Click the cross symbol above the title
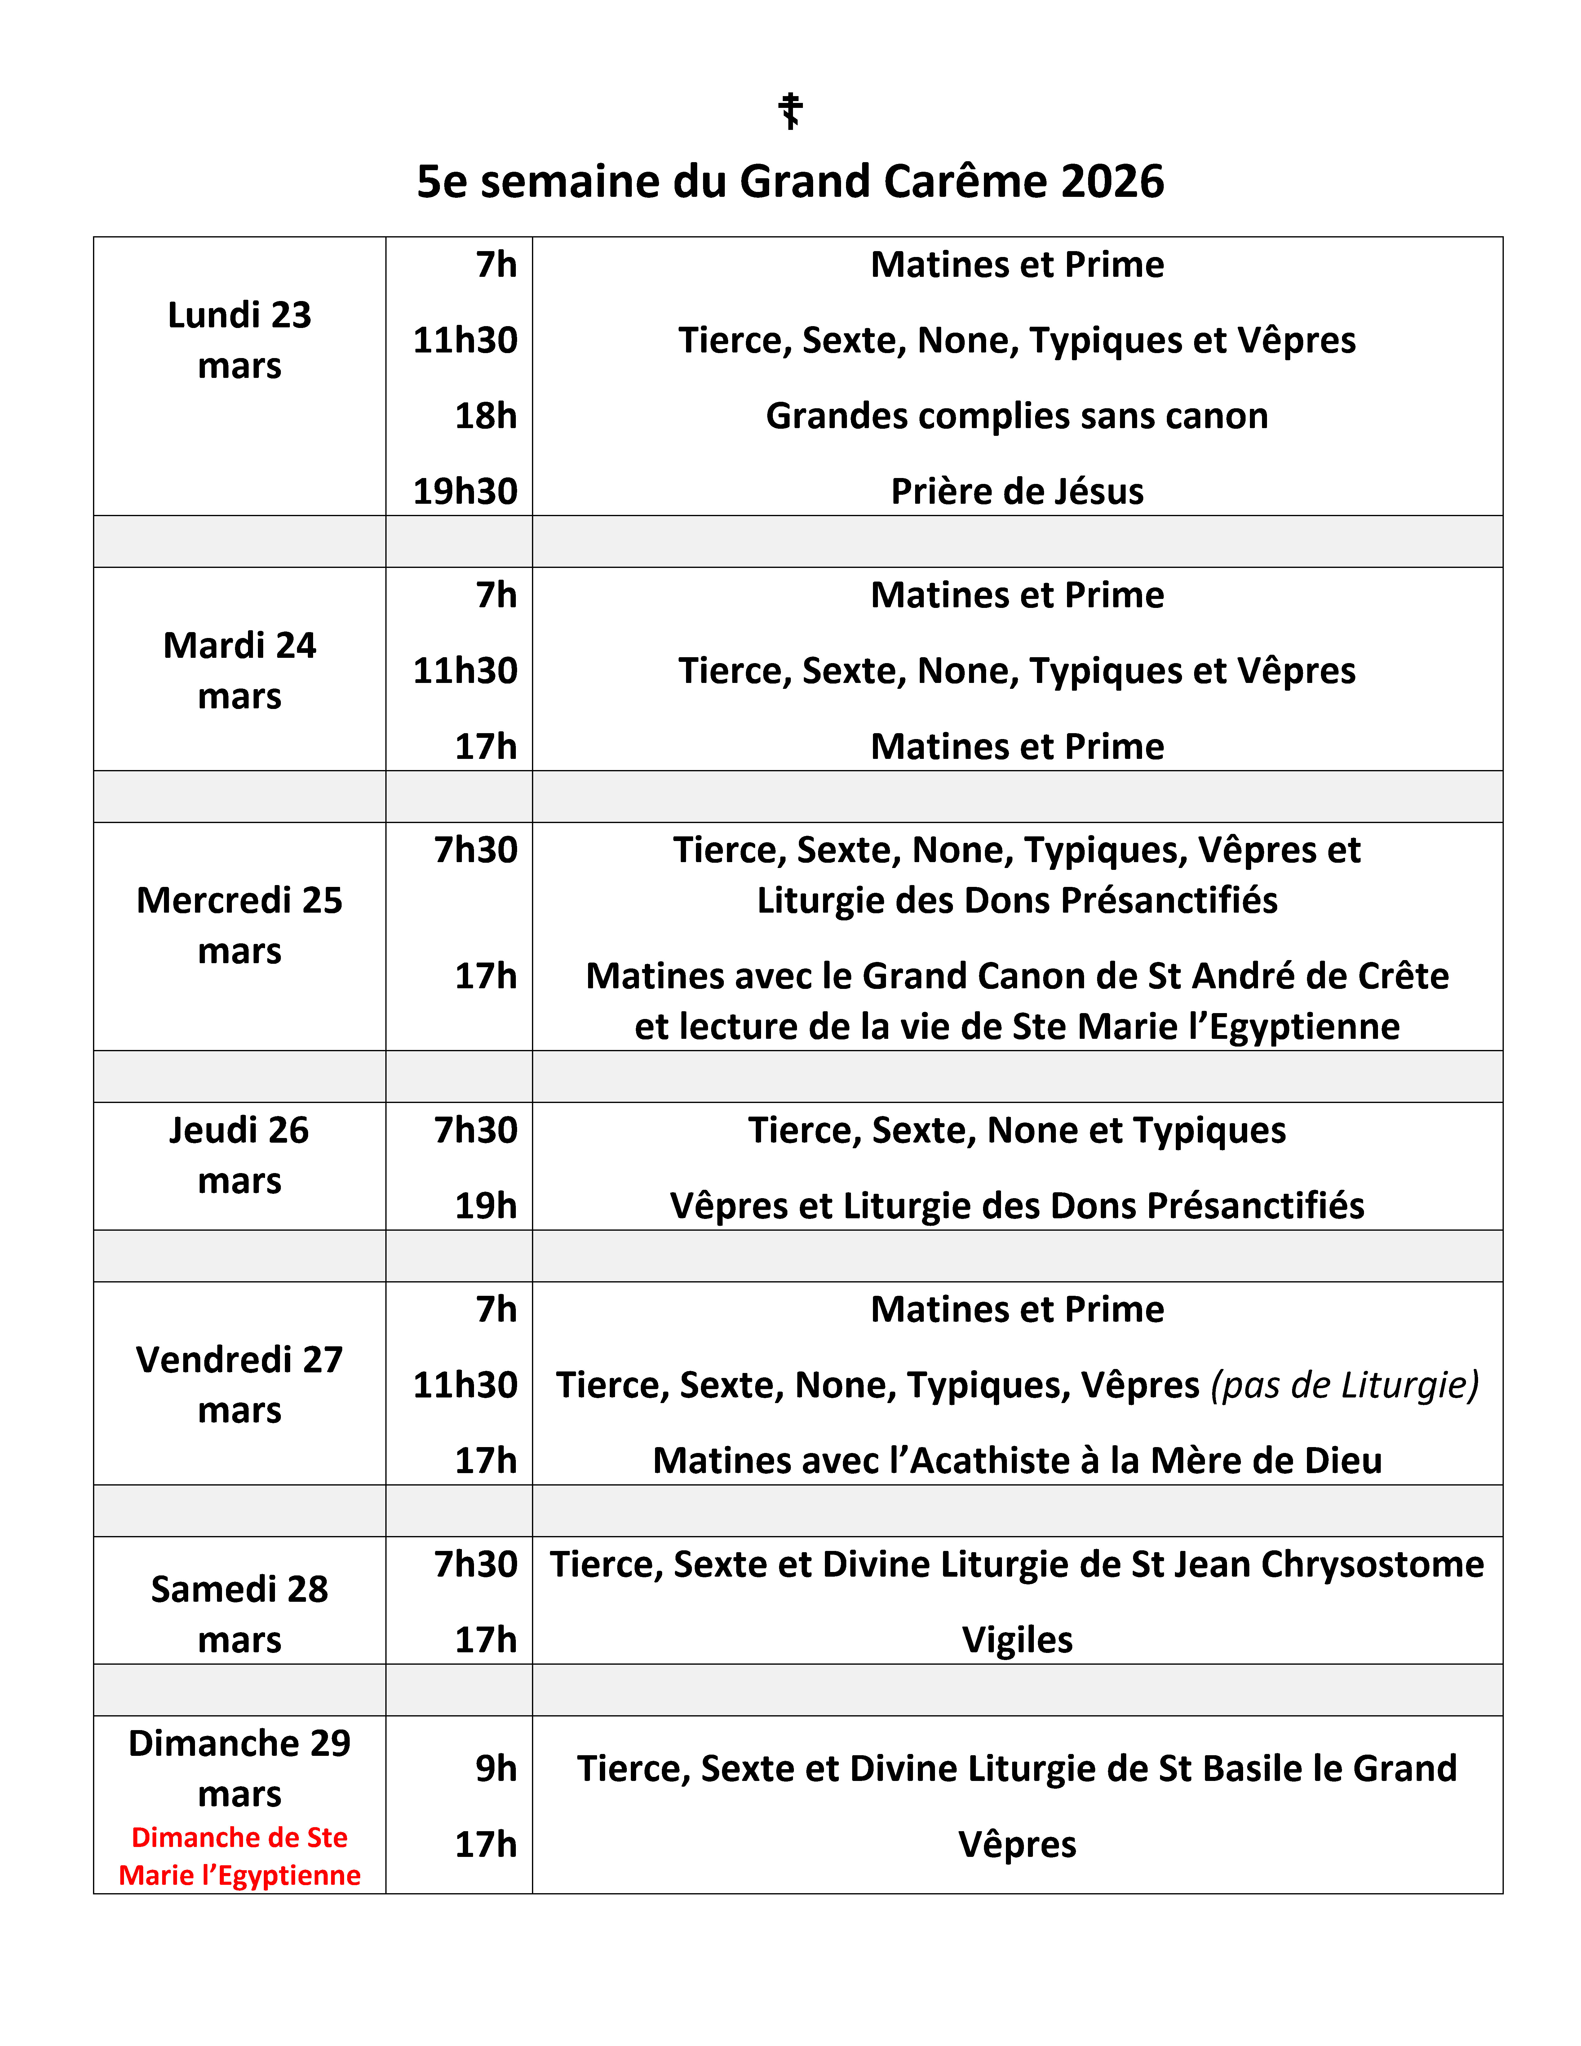point(790,111)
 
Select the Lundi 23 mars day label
point(240,340)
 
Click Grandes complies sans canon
point(1017,416)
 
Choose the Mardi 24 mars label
point(240,671)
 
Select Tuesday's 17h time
point(486,747)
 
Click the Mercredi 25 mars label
point(240,926)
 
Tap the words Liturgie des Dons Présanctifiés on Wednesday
point(1017,900)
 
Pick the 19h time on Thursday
point(486,1206)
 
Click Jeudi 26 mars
point(240,1155)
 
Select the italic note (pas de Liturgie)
point(1345,1384)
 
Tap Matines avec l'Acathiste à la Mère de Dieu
point(1017,1460)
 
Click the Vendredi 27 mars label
point(240,1384)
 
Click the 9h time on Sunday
point(496,1769)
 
